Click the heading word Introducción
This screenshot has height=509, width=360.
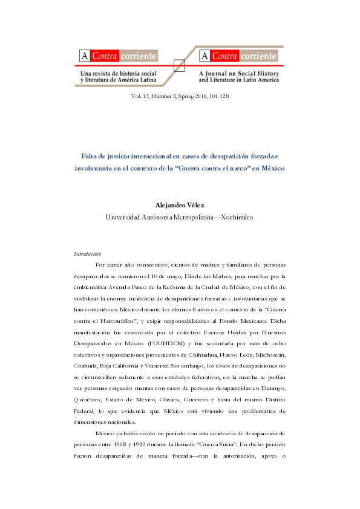[87, 254]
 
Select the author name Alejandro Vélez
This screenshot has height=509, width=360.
[180, 206]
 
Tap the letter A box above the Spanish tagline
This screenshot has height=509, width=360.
[82, 57]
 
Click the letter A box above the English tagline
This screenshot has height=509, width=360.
[203, 57]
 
